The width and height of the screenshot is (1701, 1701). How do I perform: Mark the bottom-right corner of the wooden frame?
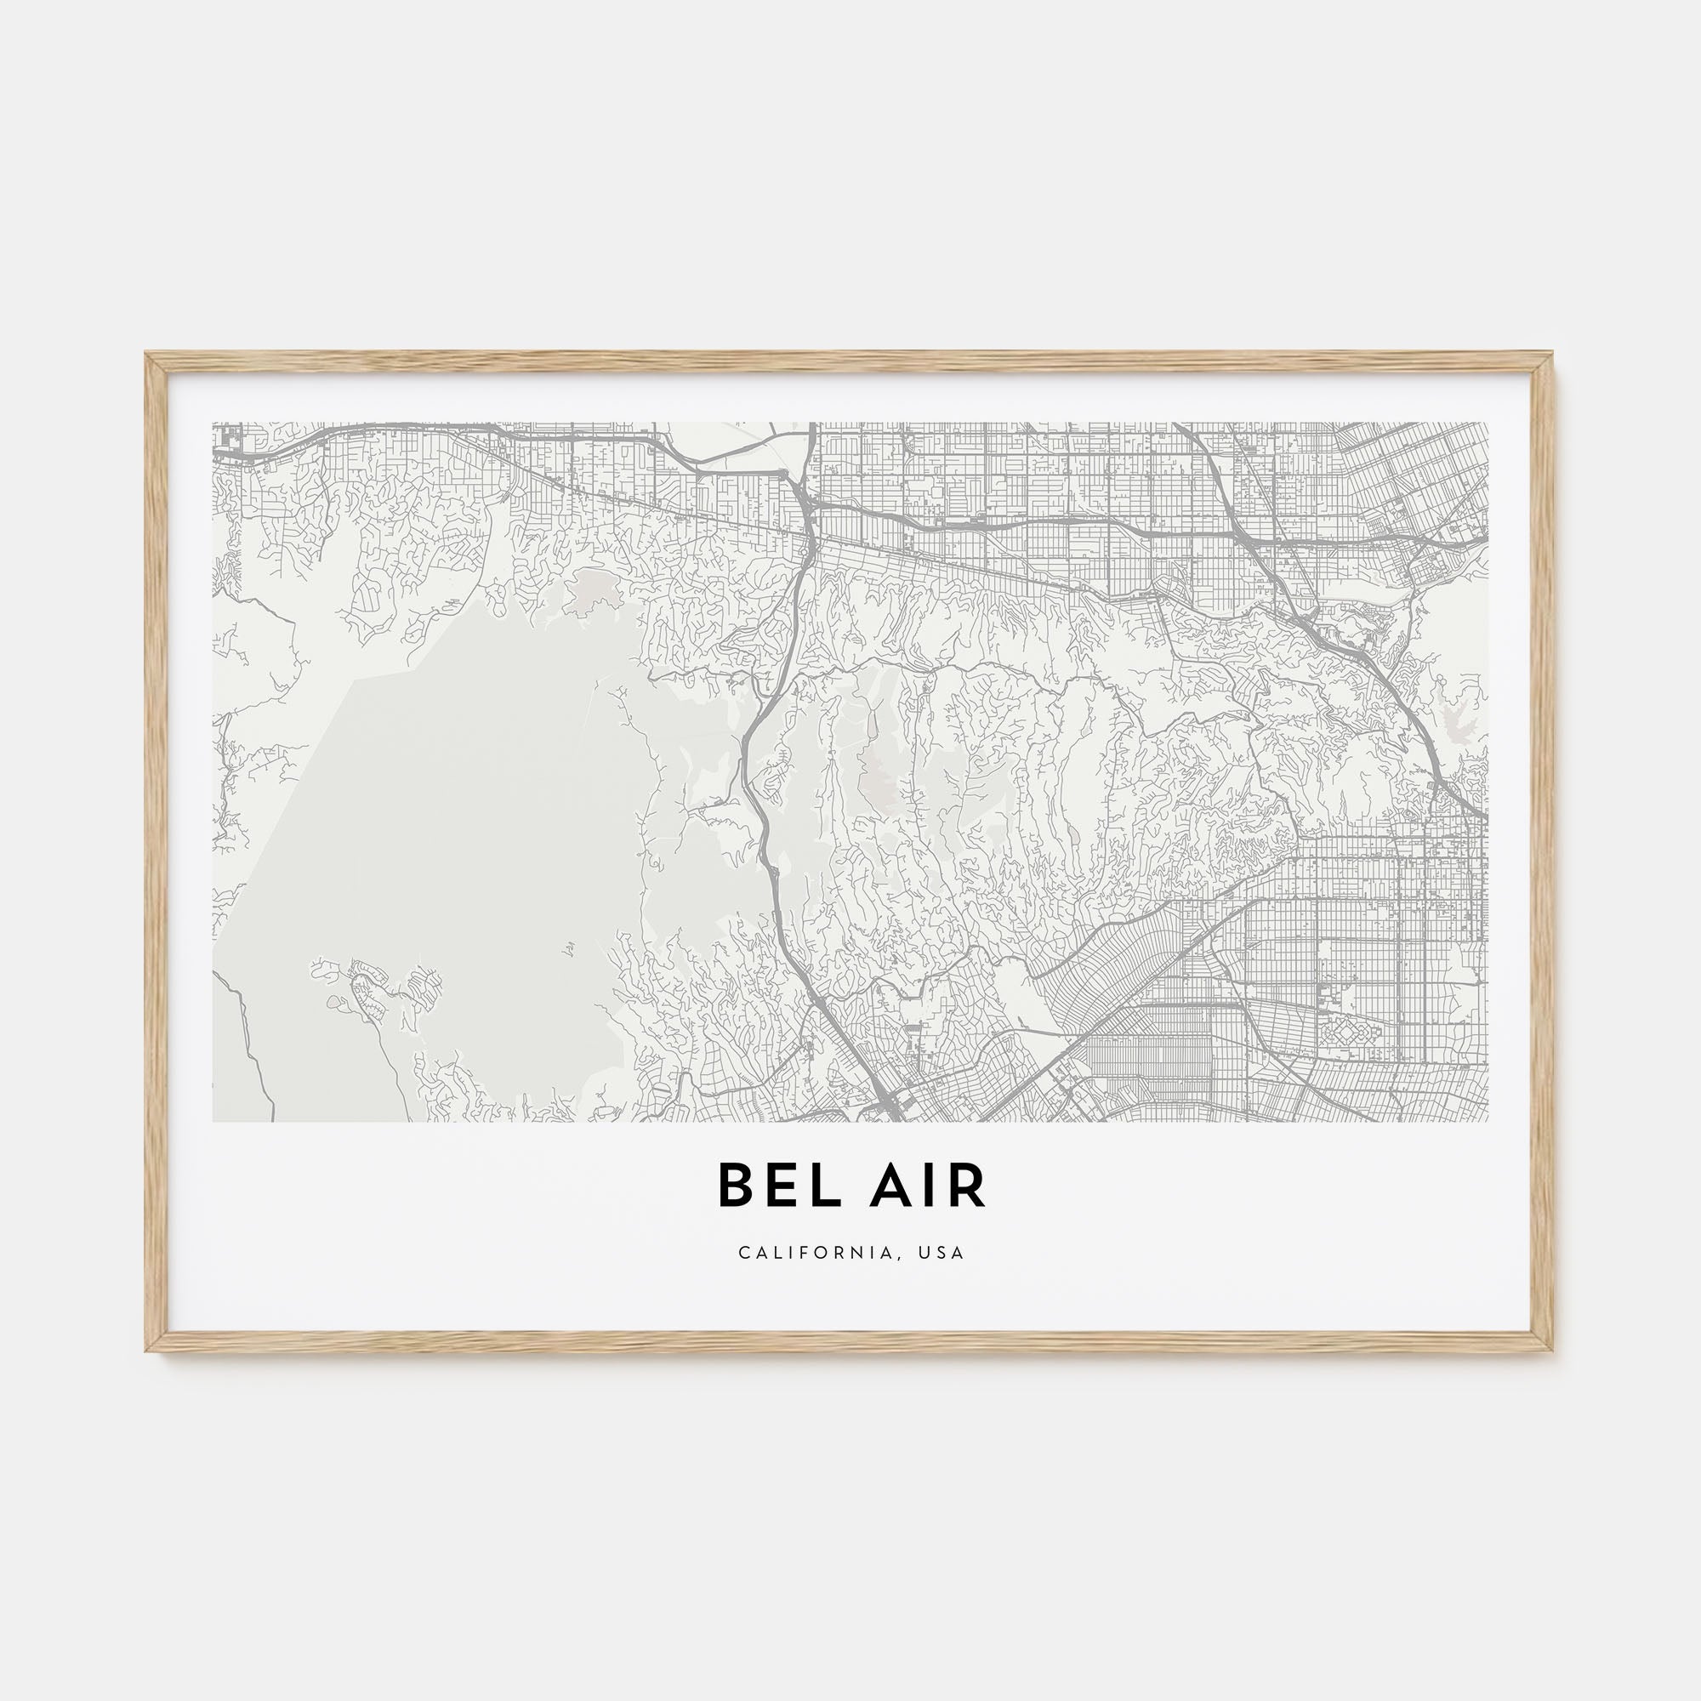click(x=1553, y=1350)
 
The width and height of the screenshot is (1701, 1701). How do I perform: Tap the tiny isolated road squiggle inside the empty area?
click(x=570, y=948)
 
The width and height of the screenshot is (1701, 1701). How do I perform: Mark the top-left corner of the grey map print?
click(x=214, y=424)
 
